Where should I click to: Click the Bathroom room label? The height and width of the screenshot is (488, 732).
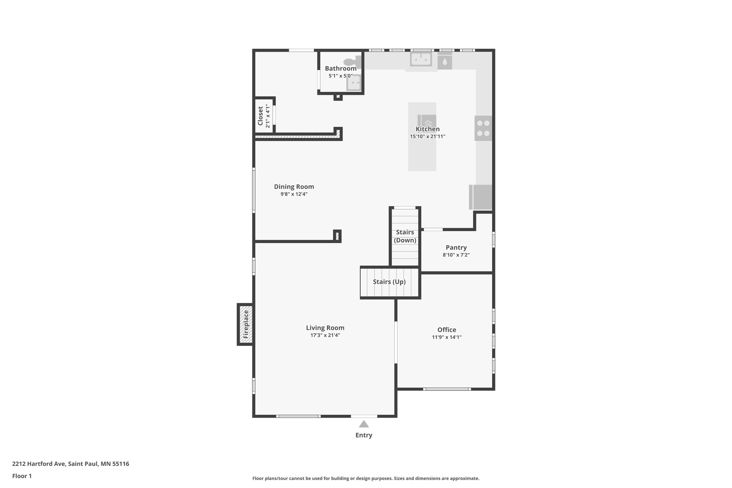tap(340, 68)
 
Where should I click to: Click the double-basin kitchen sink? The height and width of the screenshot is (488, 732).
tap(421, 59)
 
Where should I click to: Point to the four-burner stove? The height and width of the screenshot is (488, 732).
tap(483, 128)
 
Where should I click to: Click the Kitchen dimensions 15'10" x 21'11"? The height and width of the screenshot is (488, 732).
tap(427, 137)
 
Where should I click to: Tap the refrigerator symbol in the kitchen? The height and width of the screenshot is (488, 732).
tap(481, 197)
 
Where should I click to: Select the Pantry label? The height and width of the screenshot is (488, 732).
tap(456, 247)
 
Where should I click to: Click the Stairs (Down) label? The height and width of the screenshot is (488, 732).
tap(405, 236)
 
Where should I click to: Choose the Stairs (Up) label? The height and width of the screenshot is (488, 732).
tap(389, 282)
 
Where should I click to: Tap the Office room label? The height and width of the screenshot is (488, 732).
tap(447, 330)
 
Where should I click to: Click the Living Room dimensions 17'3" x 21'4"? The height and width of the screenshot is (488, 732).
tap(325, 335)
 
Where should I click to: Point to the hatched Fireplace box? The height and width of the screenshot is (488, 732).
tap(246, 324)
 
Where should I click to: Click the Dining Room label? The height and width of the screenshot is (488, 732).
tap(294, 187)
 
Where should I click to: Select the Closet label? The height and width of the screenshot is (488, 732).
tap(261, 116)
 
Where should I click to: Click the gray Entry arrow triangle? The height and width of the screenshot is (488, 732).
tap(363, 424)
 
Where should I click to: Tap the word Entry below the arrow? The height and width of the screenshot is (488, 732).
tap(363, 435)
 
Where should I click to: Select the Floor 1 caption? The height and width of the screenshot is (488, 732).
tap(22, 476)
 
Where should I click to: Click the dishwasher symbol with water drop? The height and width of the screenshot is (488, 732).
tap(445, 61)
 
